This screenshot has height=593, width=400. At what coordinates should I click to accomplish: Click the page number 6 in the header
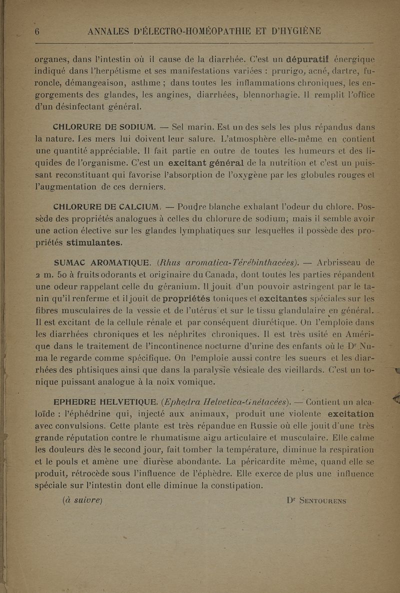(x=36, y=32)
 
